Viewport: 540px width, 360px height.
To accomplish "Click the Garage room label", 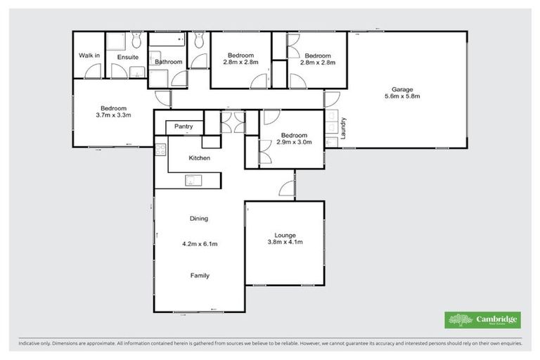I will (402, 89).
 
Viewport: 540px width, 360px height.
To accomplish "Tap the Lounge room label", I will (285, 235).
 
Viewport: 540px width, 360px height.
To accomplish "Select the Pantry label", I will (184, 127).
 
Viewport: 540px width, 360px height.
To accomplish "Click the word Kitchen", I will (199, 158).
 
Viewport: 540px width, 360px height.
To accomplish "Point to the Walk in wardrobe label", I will (89, 56).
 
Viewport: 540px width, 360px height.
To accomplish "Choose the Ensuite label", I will (127, 56).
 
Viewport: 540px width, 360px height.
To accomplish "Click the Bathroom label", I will (169, 62).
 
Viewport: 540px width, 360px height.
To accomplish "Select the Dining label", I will (199, 219).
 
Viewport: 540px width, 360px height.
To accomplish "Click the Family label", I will (200, 276).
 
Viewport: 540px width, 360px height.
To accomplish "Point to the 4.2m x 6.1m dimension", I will (199, 245).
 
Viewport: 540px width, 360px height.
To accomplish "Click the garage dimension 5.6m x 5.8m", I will (402, 98).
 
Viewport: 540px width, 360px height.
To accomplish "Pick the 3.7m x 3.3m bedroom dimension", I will (115, 114).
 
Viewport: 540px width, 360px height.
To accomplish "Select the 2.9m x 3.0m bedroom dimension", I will (294, 143).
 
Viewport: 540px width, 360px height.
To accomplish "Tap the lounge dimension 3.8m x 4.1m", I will (285, 243).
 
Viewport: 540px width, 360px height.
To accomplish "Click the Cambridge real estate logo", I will (483, 320).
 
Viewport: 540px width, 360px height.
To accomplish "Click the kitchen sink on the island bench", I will (191, 181).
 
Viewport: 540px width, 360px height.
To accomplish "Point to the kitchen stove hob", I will (160, 149).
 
